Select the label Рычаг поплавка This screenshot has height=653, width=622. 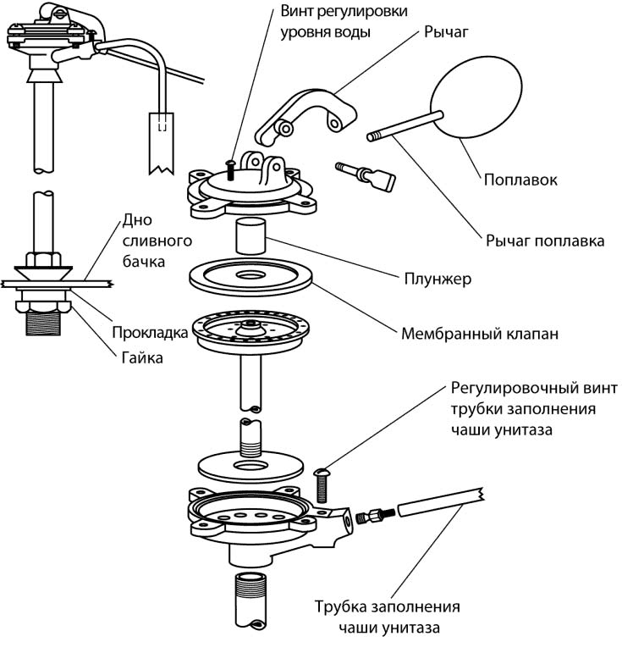tap(544, 241)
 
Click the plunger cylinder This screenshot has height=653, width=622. tap(250, 235)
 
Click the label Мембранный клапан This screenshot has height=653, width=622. tap(479, 334)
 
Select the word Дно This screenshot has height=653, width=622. tap(138, 220)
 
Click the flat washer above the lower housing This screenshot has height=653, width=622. tap(250, 466)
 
